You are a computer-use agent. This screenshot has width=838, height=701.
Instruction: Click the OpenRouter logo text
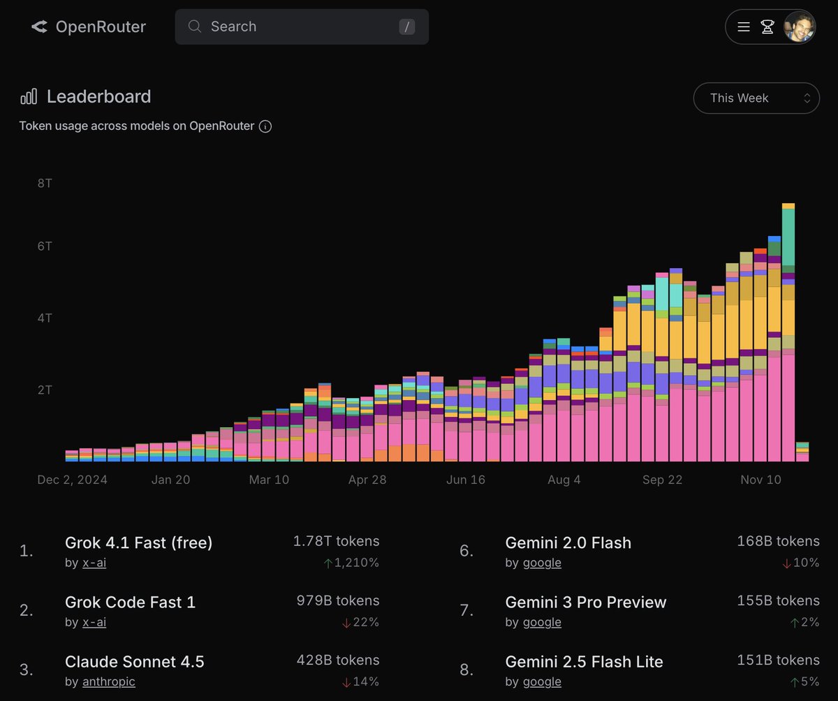tap(100, 27)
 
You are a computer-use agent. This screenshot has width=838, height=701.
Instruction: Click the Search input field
tap(302, 27)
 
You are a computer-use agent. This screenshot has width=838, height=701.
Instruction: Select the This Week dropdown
tap(756, 98)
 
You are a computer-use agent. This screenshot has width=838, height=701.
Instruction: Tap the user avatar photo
tap(799, 27)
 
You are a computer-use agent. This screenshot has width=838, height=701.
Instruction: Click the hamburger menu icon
tap(744, 27)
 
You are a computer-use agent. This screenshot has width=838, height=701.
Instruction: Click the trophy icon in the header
tap(767, 27)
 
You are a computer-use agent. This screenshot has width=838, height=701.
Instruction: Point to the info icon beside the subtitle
tap(265, 126)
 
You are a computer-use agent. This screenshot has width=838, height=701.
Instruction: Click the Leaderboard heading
tap(98, 96)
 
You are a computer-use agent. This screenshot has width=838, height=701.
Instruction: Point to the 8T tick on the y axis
tap(45, 183)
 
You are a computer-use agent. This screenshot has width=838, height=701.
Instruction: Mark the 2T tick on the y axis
tap(45, 390)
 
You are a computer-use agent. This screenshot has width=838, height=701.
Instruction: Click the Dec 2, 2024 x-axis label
tap(73, 480)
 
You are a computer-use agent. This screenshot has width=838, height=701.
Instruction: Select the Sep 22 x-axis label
tap(662, 480)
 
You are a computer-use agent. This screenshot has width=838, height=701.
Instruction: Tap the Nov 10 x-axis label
tap(760, 480)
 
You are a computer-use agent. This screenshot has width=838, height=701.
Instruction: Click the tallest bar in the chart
tap(788, 335)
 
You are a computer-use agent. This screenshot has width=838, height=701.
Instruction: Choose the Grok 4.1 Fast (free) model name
tap(138, 543)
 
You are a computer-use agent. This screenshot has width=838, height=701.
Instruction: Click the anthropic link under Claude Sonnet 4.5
tap(109, 681)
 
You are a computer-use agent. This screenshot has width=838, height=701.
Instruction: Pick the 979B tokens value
tap(337, 600)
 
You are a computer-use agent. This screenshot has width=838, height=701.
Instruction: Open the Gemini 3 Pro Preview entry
tap(585, 602)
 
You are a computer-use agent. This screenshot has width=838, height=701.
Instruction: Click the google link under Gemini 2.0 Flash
tap(542, 563)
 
